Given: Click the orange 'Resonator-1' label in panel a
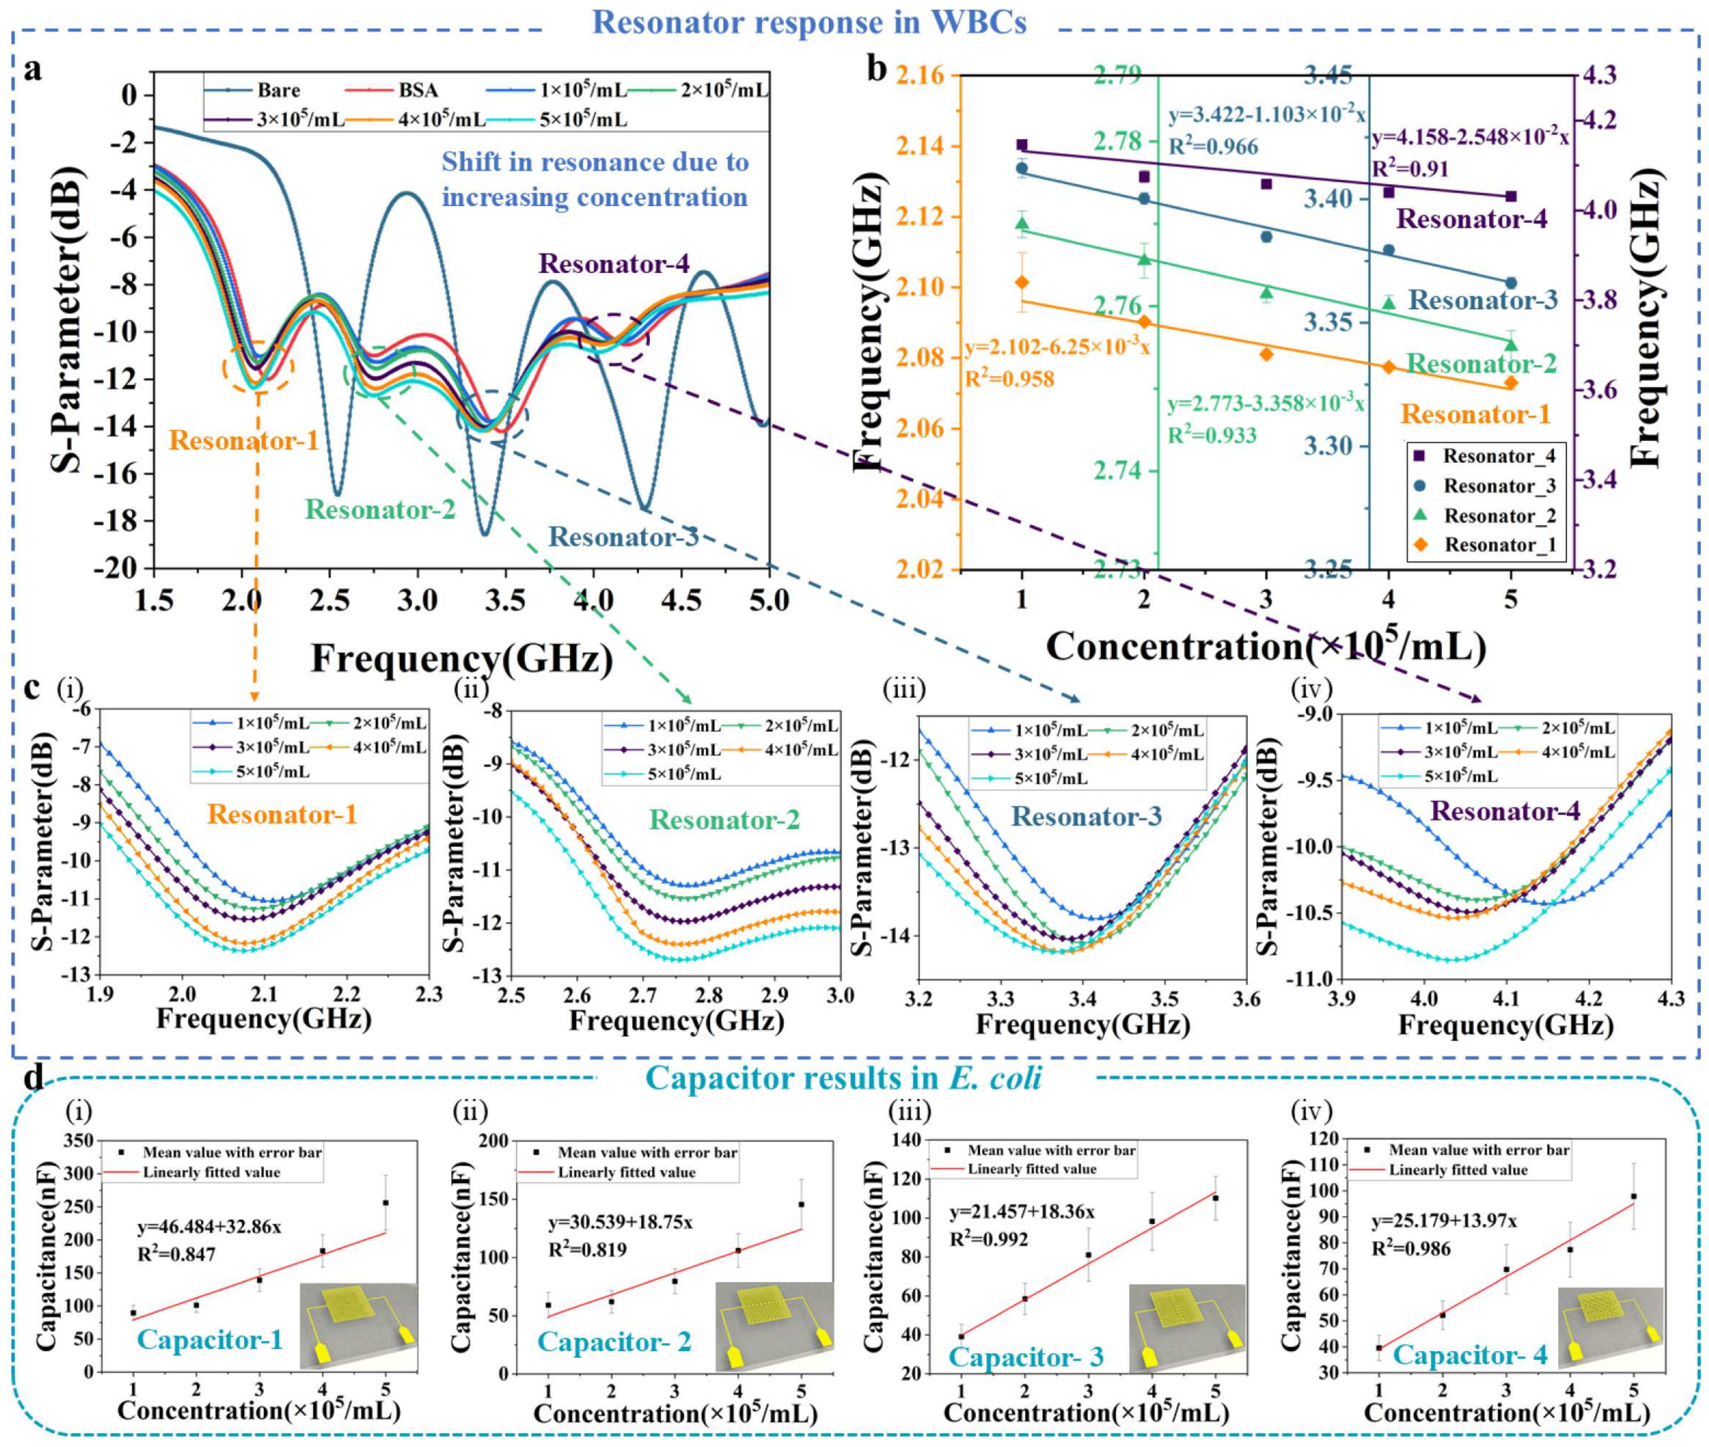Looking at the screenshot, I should pos(243,442).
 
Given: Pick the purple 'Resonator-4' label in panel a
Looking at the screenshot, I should pos(614,264).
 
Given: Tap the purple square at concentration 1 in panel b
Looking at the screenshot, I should pos(1021,145).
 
